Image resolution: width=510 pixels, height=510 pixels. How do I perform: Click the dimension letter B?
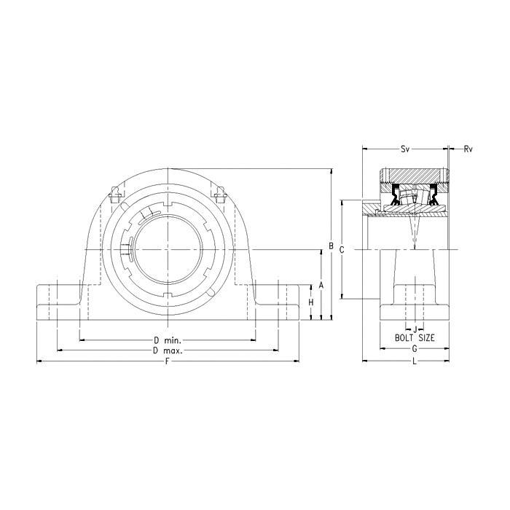[x=331, y=246]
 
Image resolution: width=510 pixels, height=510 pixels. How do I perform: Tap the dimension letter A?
[x=321, y=286]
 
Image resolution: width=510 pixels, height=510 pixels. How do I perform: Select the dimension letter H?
[x=311, y=302]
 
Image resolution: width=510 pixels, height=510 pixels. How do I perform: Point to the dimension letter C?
[x=342, y=250]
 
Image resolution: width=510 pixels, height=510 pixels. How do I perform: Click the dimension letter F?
[x=168, y=361]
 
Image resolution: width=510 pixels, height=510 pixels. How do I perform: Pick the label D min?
[x=168, y=340]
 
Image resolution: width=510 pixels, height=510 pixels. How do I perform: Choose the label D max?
[x=168, y=350]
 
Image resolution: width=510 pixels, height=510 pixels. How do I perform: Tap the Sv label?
[x=404, y=149]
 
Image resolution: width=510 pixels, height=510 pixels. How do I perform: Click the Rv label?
[x=468, y=149]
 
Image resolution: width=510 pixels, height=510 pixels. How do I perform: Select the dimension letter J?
[x=415, y=329]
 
